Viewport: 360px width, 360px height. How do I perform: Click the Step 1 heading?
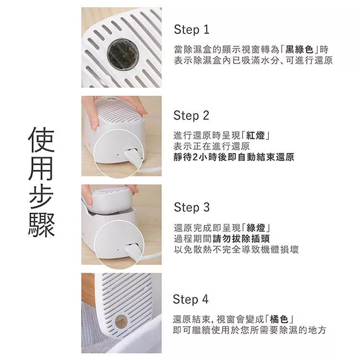[x=192, y=30]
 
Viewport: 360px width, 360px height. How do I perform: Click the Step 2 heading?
[x=192, y=116]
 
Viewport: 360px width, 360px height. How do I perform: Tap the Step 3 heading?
[x=192, y=207]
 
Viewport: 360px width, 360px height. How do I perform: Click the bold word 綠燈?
[x=257, y=228]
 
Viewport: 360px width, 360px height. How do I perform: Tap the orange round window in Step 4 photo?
[x=121, y=321]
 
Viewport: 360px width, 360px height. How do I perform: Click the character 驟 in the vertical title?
[x=42, y=223]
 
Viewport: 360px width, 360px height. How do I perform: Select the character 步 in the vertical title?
[x=42, y=195]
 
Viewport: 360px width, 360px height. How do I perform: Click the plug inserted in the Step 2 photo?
[x=132, y=156]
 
